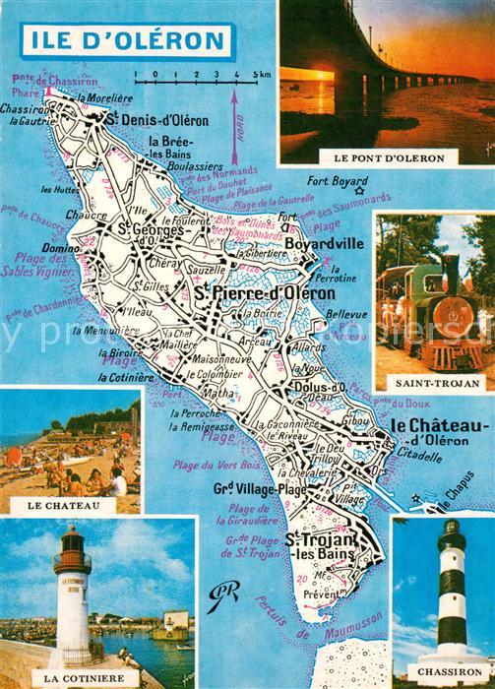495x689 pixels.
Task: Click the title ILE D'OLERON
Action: [125, 41]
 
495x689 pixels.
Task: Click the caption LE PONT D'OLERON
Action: [387, 157]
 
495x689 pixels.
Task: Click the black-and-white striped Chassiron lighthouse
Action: [451, 586]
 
